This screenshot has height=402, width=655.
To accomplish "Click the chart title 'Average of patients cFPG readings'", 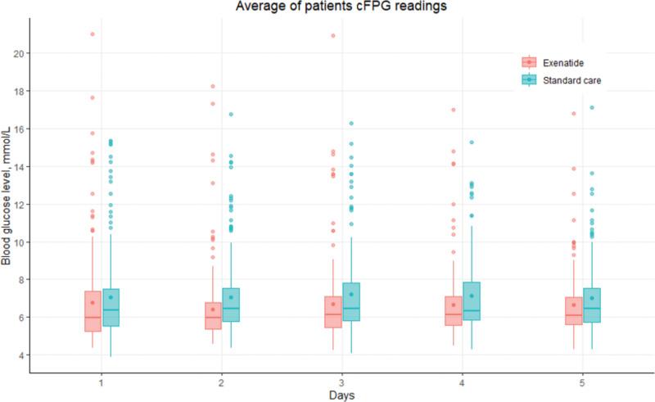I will (x=336, y=7).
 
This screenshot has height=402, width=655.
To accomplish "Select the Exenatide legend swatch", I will (x=530, y=62).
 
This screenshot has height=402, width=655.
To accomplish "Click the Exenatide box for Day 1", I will (x=93, y=311).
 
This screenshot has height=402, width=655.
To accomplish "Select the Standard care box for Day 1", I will (x=111, y=307).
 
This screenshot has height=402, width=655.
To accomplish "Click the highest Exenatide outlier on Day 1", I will (x=93, y=34).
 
